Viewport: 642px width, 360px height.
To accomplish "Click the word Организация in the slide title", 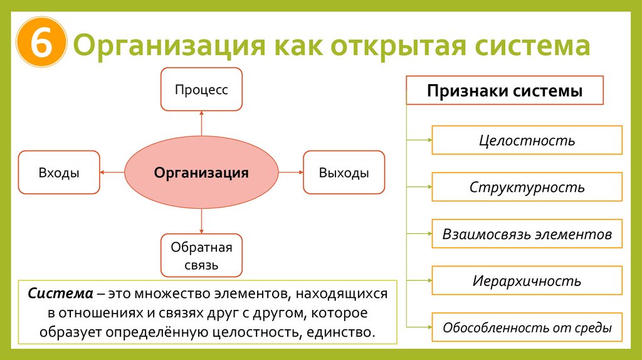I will [167, 48].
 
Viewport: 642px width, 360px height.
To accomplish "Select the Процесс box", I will [201, 89].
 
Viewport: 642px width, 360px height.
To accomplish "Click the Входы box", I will [59, 172].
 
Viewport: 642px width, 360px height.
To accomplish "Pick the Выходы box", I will [344, 172].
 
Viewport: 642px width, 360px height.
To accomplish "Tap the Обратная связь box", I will [201, 256].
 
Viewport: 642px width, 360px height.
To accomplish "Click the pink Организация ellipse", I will [201, 172].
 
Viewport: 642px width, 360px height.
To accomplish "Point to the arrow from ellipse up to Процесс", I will [201, 123].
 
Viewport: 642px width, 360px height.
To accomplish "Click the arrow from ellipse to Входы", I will [112, 172].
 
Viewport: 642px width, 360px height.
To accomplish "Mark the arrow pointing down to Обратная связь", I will [201, 221].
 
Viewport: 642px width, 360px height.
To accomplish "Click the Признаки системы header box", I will [505, 90].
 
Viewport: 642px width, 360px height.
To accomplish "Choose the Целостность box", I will [527, 140].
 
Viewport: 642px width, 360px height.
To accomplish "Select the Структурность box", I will [527, 187].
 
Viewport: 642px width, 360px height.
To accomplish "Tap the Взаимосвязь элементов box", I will [527, 234].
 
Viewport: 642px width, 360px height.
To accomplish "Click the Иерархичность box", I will [527, 280].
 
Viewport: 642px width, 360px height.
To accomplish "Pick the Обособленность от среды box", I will [527, 327].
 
